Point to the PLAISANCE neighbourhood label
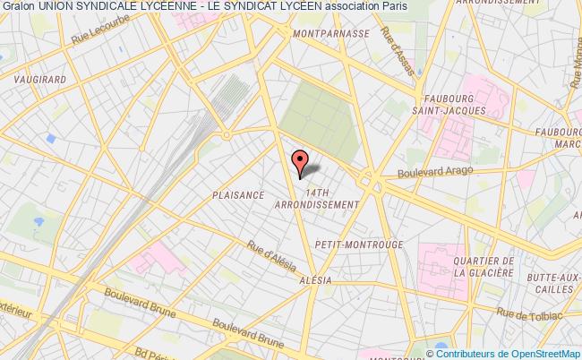tap(237, 194)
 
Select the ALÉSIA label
tap(315, 279)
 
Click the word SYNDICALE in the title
tap(123, 6)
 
